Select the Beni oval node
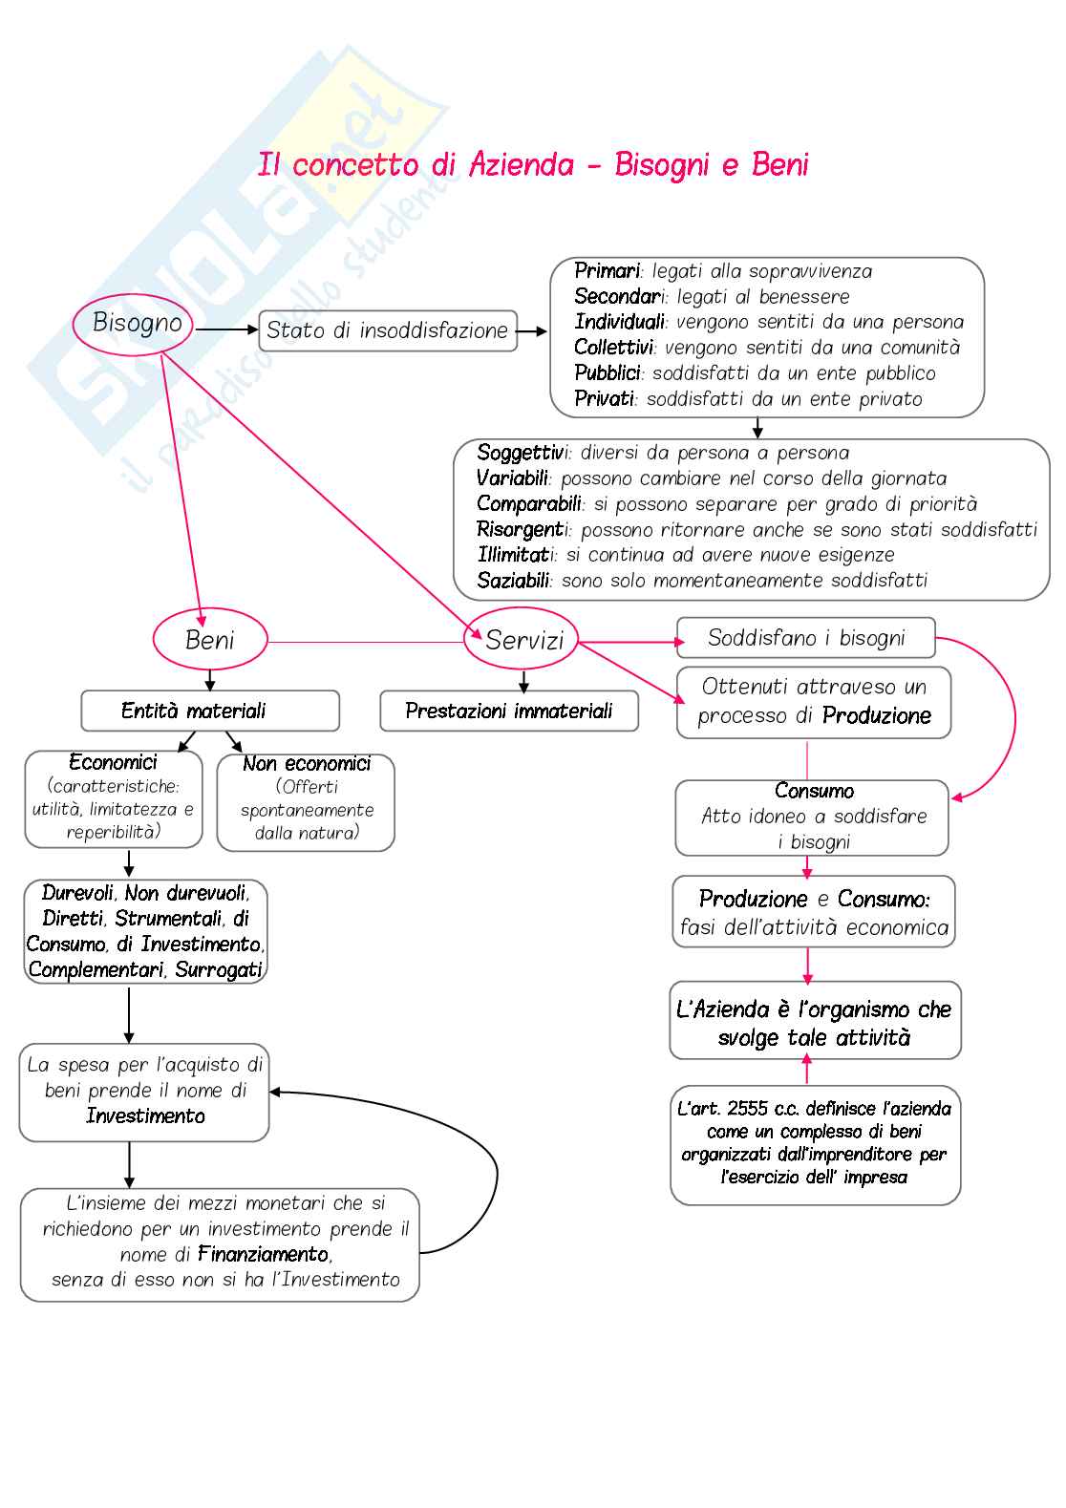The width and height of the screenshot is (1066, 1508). (210, 640)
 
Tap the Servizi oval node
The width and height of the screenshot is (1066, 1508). (522, 640)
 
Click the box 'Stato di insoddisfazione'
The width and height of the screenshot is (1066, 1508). (388, 330)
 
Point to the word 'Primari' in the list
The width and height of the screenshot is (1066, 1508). (607, 271)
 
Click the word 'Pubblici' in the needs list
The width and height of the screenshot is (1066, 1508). (608, 373)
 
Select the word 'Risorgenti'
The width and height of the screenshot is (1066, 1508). (522, 529)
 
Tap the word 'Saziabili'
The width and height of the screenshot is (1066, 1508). (513, 581)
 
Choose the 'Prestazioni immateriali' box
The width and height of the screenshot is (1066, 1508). (509, 711)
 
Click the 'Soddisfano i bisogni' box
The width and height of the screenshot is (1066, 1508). (805, 638)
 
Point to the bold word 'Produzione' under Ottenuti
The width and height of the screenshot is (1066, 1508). (876, 716)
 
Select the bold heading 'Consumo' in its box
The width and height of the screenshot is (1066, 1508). (814, 791)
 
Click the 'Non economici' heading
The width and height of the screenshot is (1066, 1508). (306, 764)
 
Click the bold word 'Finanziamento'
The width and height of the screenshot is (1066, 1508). (264, 1254)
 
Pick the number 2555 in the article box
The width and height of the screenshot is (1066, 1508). (747, 1109)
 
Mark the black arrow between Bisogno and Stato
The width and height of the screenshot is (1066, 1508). (226, 329)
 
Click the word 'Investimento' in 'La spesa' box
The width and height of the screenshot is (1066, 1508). (145, 1116)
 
